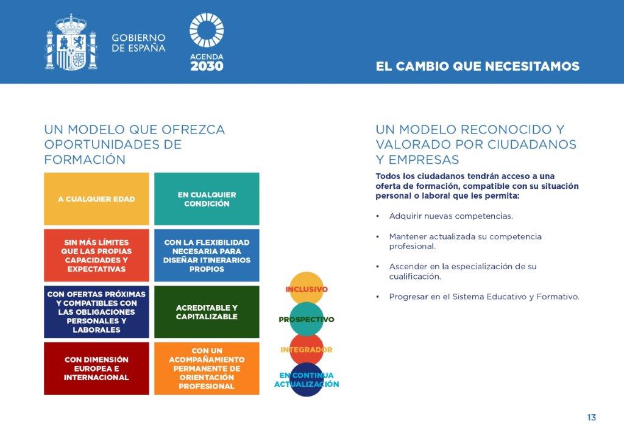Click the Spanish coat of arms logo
click(71, 42)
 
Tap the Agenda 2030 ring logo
click(207, 30)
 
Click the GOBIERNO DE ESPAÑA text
click(138, 43)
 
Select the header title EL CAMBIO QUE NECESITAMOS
click(478, 66)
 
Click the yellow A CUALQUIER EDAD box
click(97, 199)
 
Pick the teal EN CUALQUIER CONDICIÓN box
click(207, 199)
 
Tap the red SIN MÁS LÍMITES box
click(97, 255)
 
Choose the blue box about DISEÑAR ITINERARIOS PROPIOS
click(207, 255)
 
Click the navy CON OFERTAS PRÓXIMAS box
click(97, 312)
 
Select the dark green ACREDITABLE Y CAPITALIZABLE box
click(207, 312)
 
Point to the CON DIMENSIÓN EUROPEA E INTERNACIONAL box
click(97, 369)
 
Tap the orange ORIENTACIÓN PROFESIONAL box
click(207, 369)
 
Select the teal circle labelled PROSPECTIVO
click(307, 319)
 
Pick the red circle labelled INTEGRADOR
click(307, 350)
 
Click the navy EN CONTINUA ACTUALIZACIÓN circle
click(307, 379)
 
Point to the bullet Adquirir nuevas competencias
click(451, 216)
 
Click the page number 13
click(591, 417)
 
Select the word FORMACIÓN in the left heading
click(85, 160)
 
